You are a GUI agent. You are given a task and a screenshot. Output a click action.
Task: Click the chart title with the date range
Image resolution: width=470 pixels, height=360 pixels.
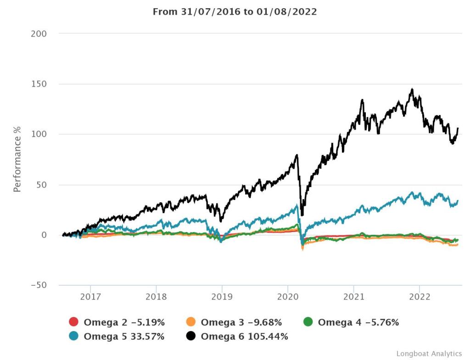(235, 12)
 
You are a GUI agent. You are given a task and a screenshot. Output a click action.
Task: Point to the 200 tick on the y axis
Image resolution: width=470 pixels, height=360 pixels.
(39, 34)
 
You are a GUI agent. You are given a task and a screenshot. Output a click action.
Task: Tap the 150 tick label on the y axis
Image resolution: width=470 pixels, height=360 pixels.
(39, 84)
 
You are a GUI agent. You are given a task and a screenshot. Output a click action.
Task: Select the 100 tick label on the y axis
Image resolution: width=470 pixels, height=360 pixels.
(39, 134)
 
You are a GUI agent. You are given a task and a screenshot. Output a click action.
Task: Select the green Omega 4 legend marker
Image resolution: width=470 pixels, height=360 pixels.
(308, 322)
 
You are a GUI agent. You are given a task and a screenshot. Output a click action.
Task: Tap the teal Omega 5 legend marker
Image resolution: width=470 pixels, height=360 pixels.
(74, 336)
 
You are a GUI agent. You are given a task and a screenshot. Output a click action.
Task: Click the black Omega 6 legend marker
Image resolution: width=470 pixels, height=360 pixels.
(191, 336)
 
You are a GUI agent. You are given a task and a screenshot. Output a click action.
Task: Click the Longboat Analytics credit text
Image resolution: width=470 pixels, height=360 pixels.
(429, 354)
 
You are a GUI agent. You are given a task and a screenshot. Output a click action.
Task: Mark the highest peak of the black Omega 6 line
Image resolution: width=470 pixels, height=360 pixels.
(412, 89)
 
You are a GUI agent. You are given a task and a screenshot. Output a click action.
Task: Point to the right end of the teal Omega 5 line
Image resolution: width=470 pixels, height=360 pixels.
(458, 200)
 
